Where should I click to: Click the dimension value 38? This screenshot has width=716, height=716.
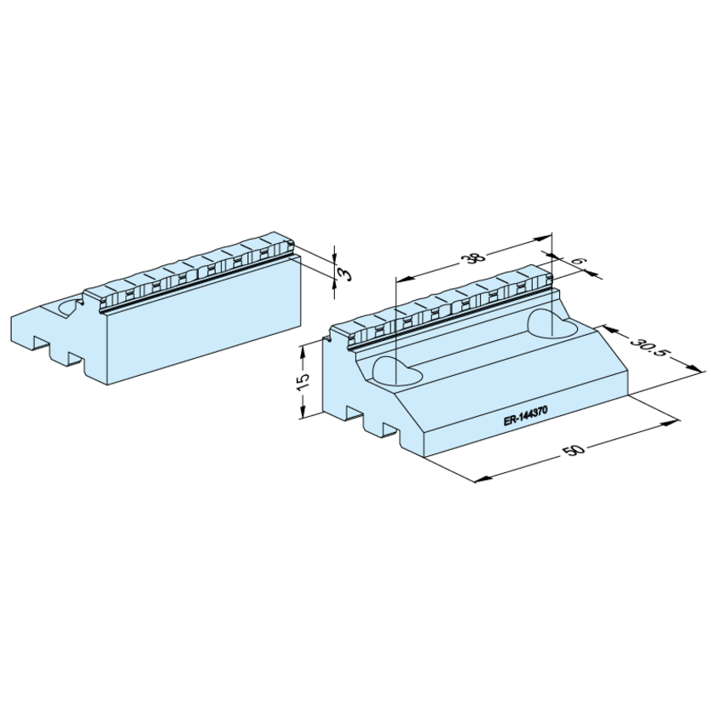pos(475,258)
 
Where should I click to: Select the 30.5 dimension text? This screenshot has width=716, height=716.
pos(650,348)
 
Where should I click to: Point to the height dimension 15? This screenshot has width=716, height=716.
pos(303,381)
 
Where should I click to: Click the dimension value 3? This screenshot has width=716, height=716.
pos(344,274)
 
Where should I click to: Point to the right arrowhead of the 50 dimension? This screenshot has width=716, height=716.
pos(672,423)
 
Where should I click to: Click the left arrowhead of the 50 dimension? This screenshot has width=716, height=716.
pos(484,478)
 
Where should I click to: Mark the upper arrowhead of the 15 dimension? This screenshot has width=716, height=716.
pos(302,351)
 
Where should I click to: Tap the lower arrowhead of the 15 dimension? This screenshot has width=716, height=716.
pos(302,411)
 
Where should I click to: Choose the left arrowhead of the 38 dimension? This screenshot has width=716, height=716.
pos(405,277)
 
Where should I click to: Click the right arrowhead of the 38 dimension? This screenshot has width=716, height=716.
pos(544,238)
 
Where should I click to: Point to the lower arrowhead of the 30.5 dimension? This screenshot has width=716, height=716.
pos(692,368)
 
